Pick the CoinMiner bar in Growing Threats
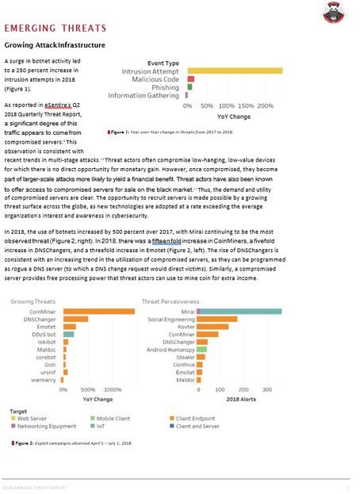coord(99,311)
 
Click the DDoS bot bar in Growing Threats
coord(68,334)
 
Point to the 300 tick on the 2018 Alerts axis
coord(266,391)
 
